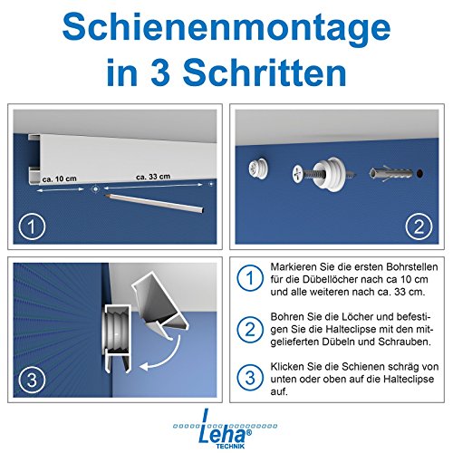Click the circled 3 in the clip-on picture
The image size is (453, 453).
click(x=34, y=378)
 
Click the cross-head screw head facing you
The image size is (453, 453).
click(x=300, y=172)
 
